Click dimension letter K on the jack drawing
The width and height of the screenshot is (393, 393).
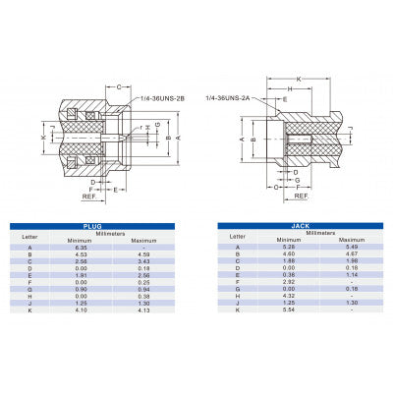click(325, 79)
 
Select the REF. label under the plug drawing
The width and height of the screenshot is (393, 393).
click(91, 196)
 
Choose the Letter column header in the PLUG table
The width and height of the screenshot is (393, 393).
click(29, 236)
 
